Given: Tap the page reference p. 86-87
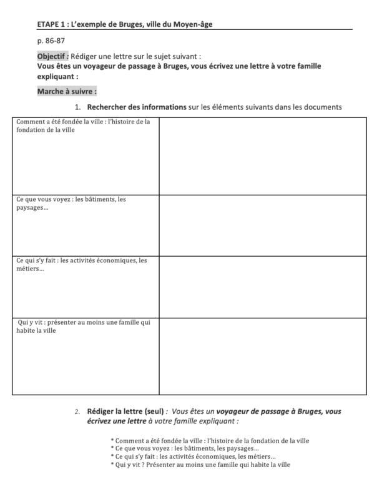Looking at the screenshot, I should [51, 41].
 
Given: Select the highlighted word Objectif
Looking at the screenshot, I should [52, 56].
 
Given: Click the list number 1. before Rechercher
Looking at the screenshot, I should [79, 107].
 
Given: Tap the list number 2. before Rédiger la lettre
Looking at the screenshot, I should [77, 412].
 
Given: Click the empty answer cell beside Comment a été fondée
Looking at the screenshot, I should [262, 156].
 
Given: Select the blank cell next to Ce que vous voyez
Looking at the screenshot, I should [262, 225].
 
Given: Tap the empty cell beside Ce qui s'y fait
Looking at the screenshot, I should [262, 287].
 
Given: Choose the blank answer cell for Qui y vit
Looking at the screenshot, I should [262, 356].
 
